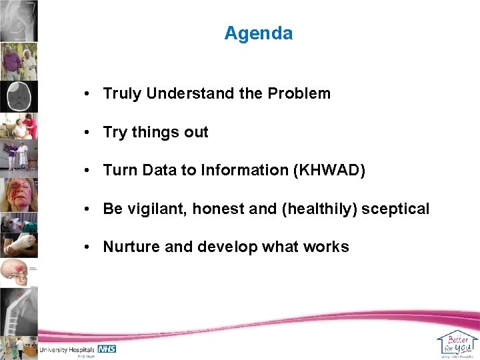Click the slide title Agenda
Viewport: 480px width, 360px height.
click(258, 33)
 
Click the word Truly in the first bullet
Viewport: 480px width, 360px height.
click(122, 93)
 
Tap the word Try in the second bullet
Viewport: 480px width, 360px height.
click(115, 133)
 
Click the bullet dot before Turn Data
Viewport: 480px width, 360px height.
click(89, 171)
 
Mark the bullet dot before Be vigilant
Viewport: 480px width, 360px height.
click(89, 209)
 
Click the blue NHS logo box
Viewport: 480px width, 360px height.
click(107, 349)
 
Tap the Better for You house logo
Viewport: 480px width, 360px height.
click(457, 343)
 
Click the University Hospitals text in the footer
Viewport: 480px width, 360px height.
click(67, 349)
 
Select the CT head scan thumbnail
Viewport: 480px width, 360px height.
click(19, 97)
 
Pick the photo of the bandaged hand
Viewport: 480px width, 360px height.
click(19, 245)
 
